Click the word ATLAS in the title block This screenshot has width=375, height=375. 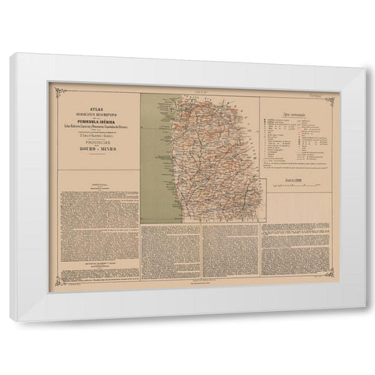tap(95, 100)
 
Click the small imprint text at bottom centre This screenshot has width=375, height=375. tap(202, 282)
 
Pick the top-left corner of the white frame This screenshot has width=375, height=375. tap(12, 55)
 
